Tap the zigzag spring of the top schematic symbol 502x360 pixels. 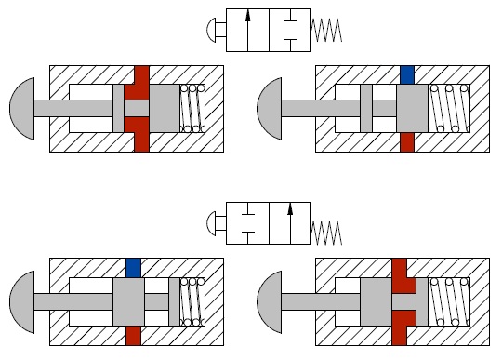[x=327, y=30]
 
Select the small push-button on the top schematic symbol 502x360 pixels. [x=213, y=30]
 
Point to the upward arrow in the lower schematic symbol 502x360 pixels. [x=290, y=222]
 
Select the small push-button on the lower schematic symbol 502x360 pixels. [x=213, y=222]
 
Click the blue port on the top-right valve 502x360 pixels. [x=407, y=73]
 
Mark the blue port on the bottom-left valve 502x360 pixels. [x=133, y=267]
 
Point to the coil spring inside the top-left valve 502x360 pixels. [x=192, y=108]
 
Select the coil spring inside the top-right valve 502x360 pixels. [x=448, y=108]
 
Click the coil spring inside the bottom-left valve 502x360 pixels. [x=192, y=301]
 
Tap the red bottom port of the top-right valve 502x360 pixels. [x=407, y=141]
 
